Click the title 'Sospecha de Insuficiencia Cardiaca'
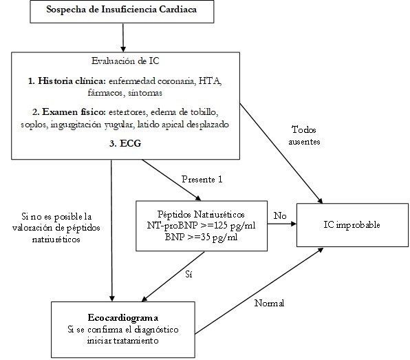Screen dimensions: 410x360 point(122,10)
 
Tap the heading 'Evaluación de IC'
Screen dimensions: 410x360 point(125,61)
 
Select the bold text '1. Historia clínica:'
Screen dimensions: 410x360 point(67,81)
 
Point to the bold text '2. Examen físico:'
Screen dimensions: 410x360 point(69,112)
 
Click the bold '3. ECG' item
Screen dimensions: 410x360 point(125,143)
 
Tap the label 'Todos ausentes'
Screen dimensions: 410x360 point(304,136)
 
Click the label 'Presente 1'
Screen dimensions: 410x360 point(202,179)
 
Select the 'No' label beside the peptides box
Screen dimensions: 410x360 point(280,215)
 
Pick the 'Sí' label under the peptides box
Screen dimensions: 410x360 point(188,274)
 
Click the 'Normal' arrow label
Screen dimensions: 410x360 point(270,304)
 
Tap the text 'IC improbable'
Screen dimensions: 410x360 point(352,224)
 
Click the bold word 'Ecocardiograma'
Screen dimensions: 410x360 point(123,317)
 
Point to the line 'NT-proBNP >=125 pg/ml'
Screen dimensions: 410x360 point(201,226)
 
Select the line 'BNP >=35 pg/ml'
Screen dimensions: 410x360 point(201,237)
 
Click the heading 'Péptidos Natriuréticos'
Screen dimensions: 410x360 point(201,214)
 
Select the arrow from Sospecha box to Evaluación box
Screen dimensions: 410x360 point(123,38)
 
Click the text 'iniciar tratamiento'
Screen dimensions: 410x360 point(122,341)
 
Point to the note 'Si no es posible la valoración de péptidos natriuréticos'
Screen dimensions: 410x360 point(56,228)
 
